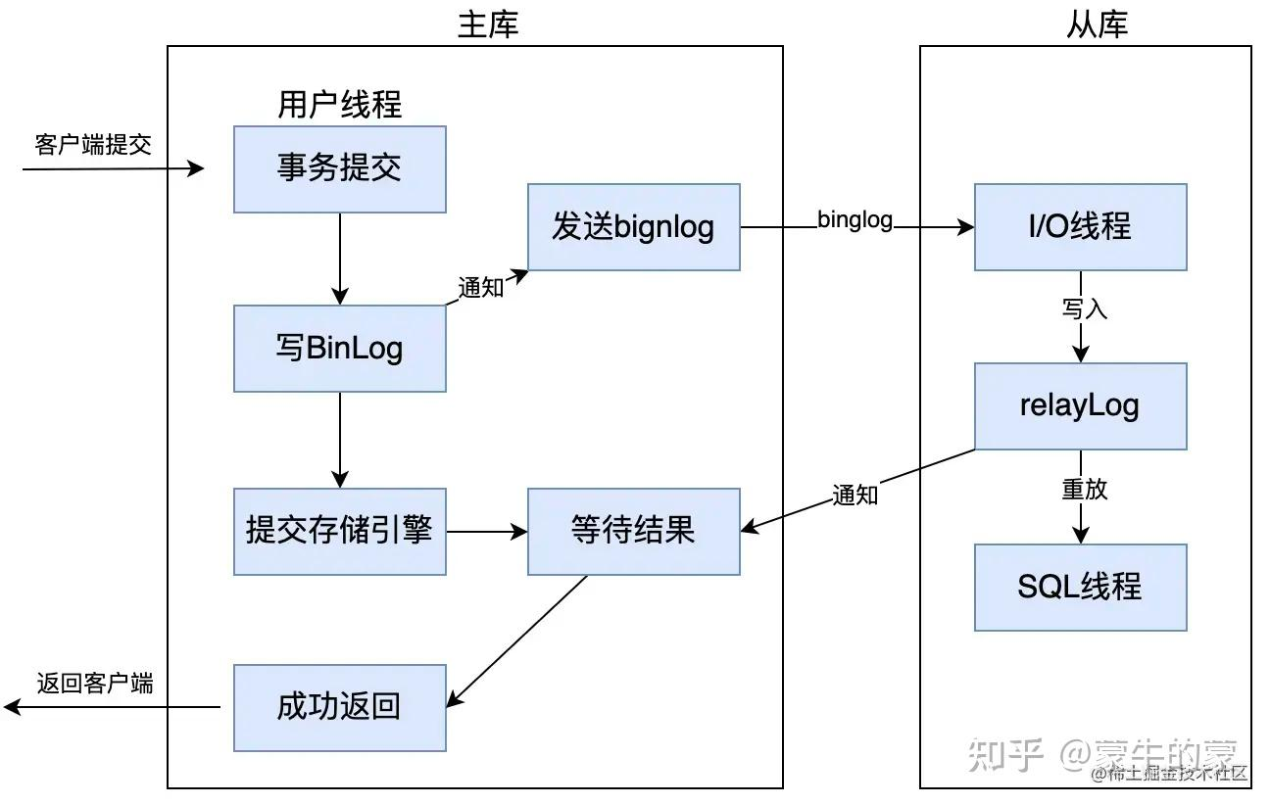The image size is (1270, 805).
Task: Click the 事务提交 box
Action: pos(339,169)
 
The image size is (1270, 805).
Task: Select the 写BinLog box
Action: pos(339,349)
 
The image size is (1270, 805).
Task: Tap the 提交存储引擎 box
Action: pos(339,532)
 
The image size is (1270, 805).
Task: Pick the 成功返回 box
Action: pos(339,707)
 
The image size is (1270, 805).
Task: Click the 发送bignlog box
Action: pos(633,227)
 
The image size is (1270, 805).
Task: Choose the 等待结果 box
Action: pos(633,532)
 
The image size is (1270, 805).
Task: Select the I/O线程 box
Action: pos(1080,227)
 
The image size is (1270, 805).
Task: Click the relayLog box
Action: pos(1080,406)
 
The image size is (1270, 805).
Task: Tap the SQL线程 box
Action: pos(1080,587)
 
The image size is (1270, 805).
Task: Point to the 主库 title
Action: pos(487,24)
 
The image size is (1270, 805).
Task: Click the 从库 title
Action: pos(1097,24)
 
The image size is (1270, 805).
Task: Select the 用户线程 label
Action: pos(339,105)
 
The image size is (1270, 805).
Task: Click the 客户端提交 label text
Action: pos(93,145)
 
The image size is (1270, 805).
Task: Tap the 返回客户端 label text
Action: pos(95,683)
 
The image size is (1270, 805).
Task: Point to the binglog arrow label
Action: pos(855,220)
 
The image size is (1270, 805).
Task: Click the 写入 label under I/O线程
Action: pos(1084,309)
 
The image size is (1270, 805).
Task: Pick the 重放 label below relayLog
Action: pos(1084,489)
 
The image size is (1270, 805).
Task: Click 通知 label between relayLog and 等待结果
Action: pos(855,495)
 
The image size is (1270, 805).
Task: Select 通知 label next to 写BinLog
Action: pos(480,287)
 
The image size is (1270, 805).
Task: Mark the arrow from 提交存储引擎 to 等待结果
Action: pos(486,532)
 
